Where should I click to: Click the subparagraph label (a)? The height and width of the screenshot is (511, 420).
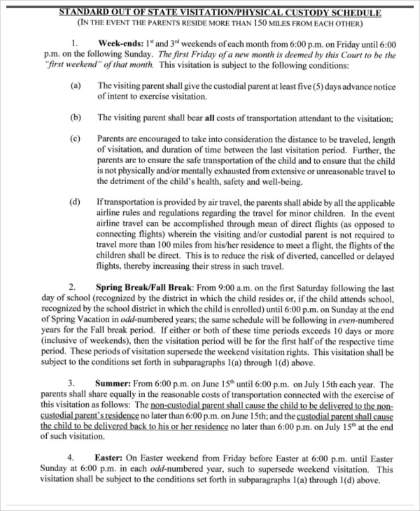click(x=76, y=86)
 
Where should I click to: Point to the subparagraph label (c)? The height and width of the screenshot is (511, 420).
click(x=76, y=139)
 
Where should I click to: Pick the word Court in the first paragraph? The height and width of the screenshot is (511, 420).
click(x=353, y=54)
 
